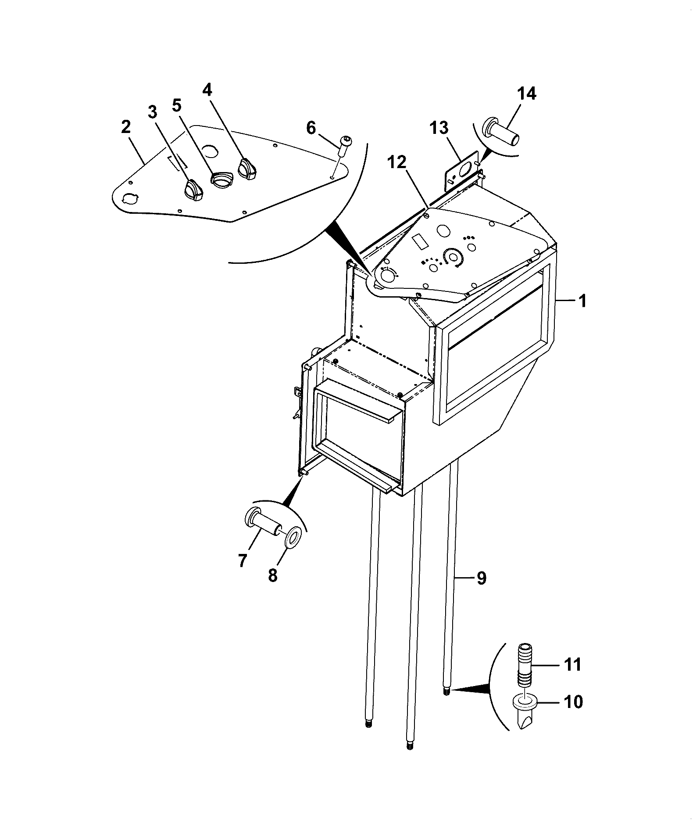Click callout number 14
coord(526,93)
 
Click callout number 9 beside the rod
coord(481,578)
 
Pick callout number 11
coord(572,676)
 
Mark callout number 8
coord(273,575)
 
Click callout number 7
coord(243,561)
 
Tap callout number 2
coord(126,127)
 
